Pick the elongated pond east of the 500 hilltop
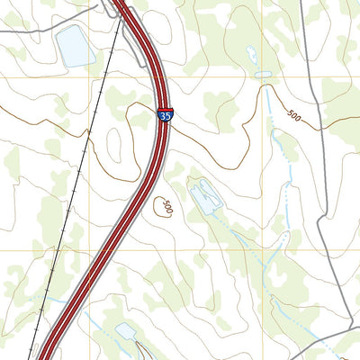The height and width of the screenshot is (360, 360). (204, 195)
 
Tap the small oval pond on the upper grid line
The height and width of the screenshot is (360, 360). (263, 76)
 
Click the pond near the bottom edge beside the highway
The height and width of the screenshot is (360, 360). (126, 332)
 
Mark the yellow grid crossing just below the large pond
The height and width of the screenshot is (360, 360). (89, 76)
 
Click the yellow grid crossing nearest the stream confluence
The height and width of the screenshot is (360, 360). (263, 250)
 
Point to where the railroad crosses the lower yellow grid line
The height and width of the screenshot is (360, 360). (57, 250)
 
